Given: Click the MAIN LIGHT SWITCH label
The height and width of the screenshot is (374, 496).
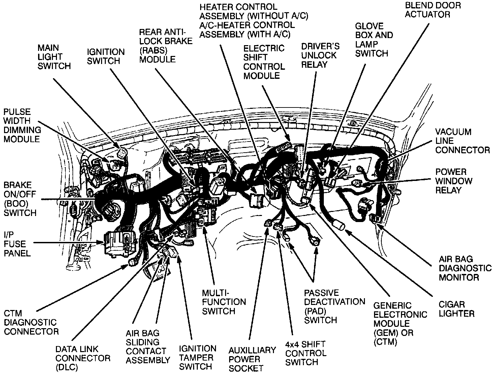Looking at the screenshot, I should (54, 57).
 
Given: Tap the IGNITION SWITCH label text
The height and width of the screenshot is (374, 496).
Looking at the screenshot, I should (105, 56).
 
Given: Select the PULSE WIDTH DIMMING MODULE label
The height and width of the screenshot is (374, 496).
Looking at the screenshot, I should (22, 125).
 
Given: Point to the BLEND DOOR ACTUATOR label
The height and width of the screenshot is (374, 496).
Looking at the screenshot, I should (433, 10).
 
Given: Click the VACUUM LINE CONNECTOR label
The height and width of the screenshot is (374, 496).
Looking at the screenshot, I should (462, 141).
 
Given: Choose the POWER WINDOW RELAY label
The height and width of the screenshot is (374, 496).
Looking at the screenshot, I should (454, 181).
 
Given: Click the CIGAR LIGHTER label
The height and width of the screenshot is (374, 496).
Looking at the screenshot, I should (457, 309).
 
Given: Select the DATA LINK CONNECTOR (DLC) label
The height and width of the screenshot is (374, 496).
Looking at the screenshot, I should (83, 358).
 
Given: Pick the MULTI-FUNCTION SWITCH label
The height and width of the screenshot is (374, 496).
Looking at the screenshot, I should (224, 302).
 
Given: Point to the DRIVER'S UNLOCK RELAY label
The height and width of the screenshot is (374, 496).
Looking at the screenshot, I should (320, 55).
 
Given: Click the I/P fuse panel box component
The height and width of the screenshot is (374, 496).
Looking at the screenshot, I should (120, 242).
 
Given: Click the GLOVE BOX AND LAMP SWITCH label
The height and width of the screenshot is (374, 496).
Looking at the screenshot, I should (374, 40).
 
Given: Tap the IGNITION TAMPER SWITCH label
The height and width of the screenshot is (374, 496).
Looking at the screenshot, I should (197, 357).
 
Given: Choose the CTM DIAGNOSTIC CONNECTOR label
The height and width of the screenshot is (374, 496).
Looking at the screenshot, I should (31, 322).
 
